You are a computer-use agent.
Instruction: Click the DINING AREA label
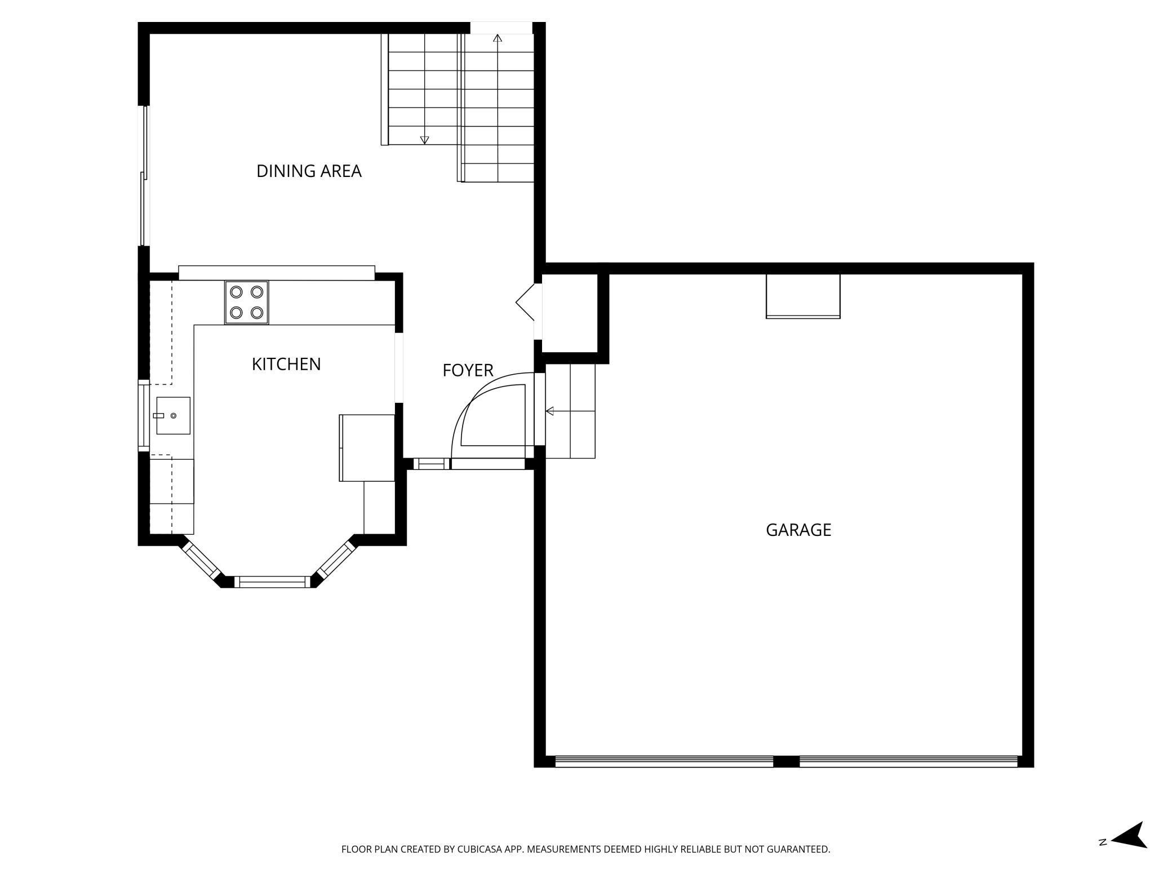click(309, 171)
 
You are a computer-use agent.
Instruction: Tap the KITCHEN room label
click(286, 364)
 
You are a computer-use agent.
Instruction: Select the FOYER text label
click(468, 370)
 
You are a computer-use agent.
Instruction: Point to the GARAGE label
click(798, 530)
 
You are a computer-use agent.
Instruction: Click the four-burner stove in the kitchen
click(247, 303)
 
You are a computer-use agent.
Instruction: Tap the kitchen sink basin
click(173, 416)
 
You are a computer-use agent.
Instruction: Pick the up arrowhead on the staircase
click(498, 38)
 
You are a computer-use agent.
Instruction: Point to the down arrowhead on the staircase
click(425, 140)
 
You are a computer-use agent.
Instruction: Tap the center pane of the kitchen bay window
click(272, 582)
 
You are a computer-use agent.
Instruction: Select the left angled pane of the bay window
click(201, 560)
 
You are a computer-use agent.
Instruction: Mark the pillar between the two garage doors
click(786, 762)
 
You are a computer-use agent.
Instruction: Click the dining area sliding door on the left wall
click(145, 175)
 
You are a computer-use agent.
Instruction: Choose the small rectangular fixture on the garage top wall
click(803, 296)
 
